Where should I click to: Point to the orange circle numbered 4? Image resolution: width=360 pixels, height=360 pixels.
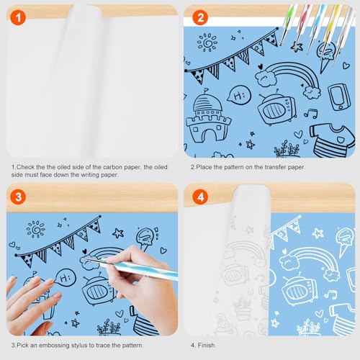199,198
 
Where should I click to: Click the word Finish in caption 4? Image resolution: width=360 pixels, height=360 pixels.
209,345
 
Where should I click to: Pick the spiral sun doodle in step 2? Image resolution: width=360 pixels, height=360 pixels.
210,44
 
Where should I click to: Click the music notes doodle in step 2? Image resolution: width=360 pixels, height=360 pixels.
310,113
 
